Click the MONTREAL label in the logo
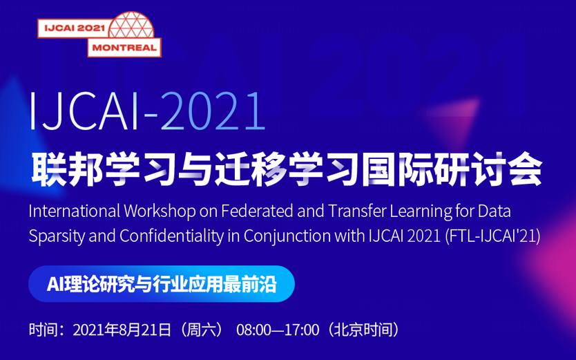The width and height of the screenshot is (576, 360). (x=124, y=47)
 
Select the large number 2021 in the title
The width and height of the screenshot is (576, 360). (x=213, y=112)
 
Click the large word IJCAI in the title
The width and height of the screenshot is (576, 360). (x=85, y=112)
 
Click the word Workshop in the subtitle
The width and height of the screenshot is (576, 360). (x=158, y=211)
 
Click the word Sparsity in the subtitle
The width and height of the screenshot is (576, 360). (x=57, y=235)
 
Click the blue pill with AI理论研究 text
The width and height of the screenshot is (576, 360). (x=162, y=284)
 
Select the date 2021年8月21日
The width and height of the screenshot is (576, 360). (x=122, y=330)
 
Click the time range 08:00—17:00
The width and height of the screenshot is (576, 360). (x=278, y=330)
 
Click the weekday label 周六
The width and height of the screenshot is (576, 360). (x=201, y=330)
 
